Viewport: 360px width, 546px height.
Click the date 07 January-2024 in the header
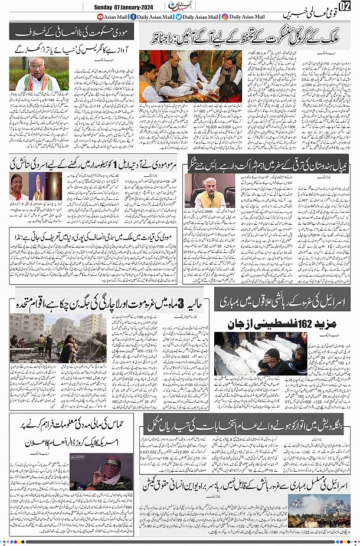click(138, 6)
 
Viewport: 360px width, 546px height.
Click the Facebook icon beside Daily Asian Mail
click(133, 17)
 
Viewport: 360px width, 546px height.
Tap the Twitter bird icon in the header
click(178, 17)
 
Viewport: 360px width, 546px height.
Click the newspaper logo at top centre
click(178, 6)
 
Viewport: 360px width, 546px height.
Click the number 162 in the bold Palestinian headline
click(285, 324)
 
